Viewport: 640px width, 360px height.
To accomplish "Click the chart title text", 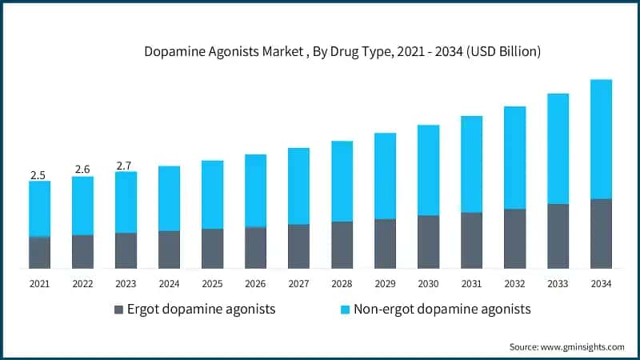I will click(342, 52).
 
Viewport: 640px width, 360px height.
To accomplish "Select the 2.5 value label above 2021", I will click(38, 174).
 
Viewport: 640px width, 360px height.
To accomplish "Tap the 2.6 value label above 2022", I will click(82, 170).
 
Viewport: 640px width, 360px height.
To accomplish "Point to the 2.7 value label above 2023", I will click(125, 166).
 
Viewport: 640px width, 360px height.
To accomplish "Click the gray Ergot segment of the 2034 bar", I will click(601, 233).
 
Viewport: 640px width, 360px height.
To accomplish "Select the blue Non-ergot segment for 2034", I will click(601, 139).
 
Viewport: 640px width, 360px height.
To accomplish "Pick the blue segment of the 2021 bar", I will click(39, 209).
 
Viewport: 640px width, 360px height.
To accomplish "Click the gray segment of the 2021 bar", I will click(39, 252).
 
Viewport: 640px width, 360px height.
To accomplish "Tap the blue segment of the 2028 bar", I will click(342, 182).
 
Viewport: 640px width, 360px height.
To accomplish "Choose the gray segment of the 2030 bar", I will click(428, 242).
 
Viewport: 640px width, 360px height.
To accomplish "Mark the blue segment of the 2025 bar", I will click(212, 195).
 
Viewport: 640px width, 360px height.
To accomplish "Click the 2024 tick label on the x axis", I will click(169, 283).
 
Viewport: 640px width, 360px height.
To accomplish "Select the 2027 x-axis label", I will click(298, 283).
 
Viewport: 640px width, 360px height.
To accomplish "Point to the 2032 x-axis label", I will click(514, 283).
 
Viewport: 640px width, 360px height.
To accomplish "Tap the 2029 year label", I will click(385, 283).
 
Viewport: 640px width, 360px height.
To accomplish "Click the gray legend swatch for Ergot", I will click(119, 310).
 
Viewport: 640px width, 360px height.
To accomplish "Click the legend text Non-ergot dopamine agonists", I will click(442, 309).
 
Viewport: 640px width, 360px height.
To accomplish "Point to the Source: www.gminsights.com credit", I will click(566, 346).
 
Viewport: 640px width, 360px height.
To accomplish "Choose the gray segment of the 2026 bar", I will click(255, 247).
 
